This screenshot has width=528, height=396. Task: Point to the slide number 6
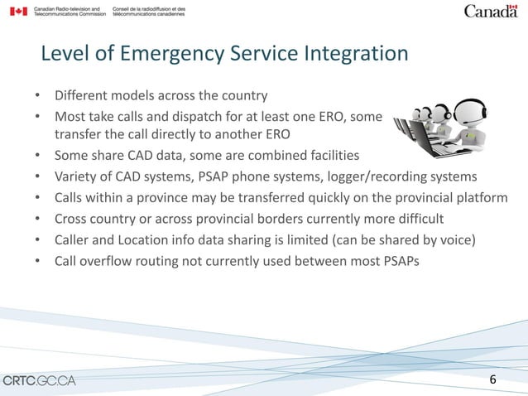coord(493,379)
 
